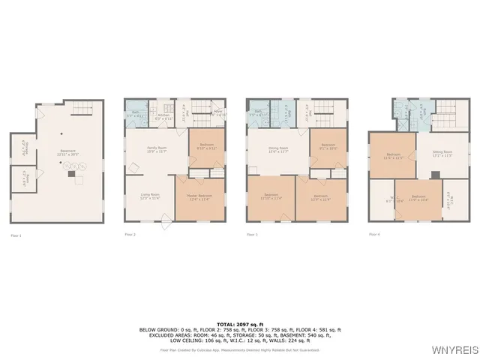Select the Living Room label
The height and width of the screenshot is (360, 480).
coord(150,196)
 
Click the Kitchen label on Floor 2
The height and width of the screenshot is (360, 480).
coord(163,117)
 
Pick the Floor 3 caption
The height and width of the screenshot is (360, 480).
coord(252,235)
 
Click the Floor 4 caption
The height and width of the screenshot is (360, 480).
coord(374,235)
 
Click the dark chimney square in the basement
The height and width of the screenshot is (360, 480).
coord(70,173)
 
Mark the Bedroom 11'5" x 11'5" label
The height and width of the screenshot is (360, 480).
coord(391,156)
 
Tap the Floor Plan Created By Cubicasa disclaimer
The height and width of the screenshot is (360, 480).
coord(239,349)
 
